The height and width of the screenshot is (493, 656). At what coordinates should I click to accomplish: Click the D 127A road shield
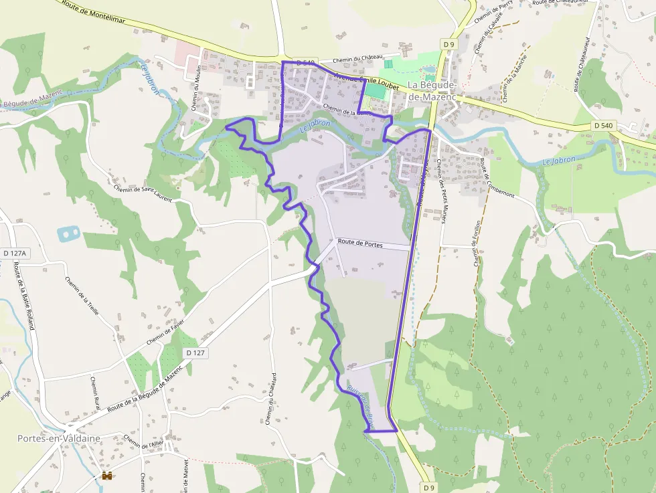[x=14, y=254]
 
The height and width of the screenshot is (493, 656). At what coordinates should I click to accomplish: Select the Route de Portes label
[x=360, y=244]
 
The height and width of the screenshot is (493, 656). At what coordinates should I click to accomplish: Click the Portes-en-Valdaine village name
[x=59, y=438]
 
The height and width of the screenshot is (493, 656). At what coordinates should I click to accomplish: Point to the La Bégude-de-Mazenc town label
[x=432, y=91]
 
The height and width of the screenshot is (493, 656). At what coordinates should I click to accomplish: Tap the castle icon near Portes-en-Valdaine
[x=106, y=476]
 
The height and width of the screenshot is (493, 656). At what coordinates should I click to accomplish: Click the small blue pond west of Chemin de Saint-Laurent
[x=68, y=233]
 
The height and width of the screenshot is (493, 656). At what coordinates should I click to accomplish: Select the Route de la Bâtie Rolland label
[x=23, y=295]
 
